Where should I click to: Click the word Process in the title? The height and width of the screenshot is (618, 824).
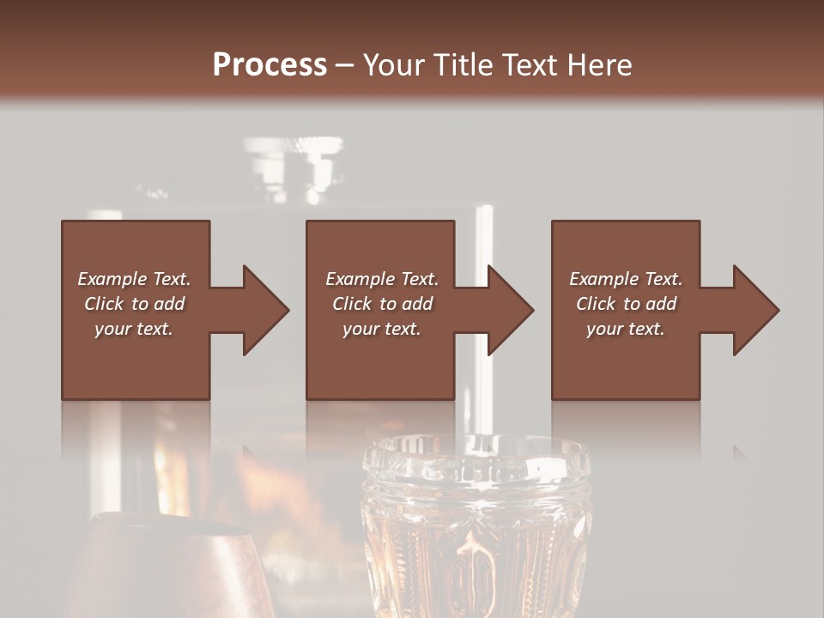click(270, 65)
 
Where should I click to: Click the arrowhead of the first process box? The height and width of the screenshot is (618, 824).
click(265, 310)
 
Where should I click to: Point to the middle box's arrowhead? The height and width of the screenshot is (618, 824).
click(510, 310)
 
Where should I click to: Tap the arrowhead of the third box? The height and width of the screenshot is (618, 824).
click(755, 310)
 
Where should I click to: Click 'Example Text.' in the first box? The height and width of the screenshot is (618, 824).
click(134, 279)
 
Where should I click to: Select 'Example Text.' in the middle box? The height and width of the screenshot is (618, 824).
click(382, 279)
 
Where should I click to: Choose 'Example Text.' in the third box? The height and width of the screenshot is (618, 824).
click(626, 279)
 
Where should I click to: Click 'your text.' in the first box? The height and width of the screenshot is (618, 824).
click(134, 329)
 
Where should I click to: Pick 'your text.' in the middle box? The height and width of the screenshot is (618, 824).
click(382, 329)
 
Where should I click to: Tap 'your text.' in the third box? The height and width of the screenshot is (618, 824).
click(626, 329)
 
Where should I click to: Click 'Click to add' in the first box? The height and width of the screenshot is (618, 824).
click(134, 304)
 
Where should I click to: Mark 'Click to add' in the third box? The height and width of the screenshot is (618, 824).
click(626, 304)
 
